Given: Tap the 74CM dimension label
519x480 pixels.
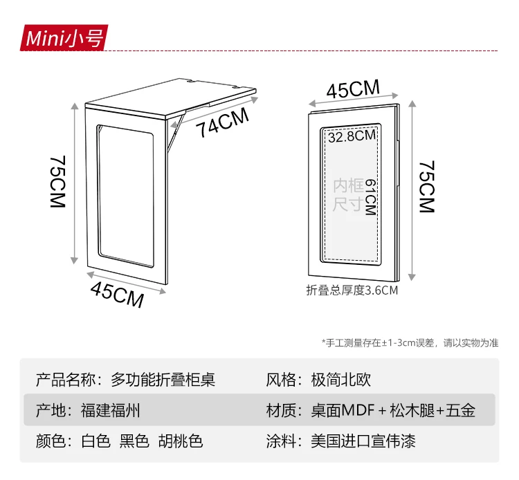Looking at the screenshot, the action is [x=221, y=124].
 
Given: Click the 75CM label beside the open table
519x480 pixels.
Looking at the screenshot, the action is [x=57, y=183].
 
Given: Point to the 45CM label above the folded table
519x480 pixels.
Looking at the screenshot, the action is [x=353, y=91].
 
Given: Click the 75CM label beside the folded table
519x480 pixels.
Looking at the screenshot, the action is [x=426, y=187].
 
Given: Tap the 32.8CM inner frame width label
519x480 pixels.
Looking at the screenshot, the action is [x=352, y=136].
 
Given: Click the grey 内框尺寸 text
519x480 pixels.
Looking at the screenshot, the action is [x=348, y=195].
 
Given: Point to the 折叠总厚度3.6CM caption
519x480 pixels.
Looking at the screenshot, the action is [x=352, y=290].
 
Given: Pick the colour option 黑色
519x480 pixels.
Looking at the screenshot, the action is [x=134, y=441].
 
